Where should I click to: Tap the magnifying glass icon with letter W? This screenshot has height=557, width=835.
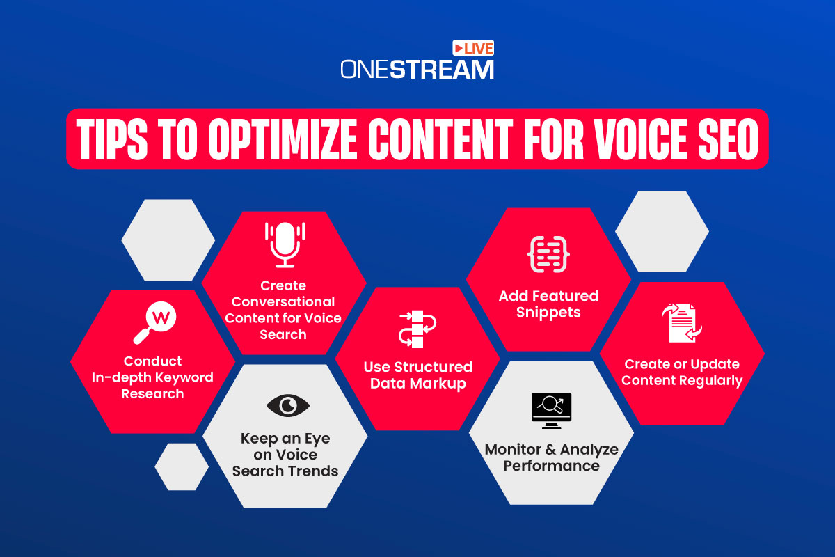[x=155, y=324]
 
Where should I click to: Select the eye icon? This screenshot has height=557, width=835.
[x=287, y=405]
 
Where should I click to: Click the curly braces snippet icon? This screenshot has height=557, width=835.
[x=548, y=253]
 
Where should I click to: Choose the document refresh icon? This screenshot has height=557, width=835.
[x=681, y=323]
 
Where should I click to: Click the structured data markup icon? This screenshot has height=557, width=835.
[x=417, y=329]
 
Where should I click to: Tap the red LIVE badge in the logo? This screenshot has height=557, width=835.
[x=473, y=48]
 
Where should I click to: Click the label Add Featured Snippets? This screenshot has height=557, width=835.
[x=548, y=304]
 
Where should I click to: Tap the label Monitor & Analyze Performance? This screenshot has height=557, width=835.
[x=551, y=457]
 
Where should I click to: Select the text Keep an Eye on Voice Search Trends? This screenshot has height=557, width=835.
[x=285, y=455]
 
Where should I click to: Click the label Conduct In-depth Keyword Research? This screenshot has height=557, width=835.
[x=152, y=377]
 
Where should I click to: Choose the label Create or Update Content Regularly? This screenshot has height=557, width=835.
[x=682, y=372]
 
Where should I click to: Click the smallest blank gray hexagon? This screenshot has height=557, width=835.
[x=181, y=466]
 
